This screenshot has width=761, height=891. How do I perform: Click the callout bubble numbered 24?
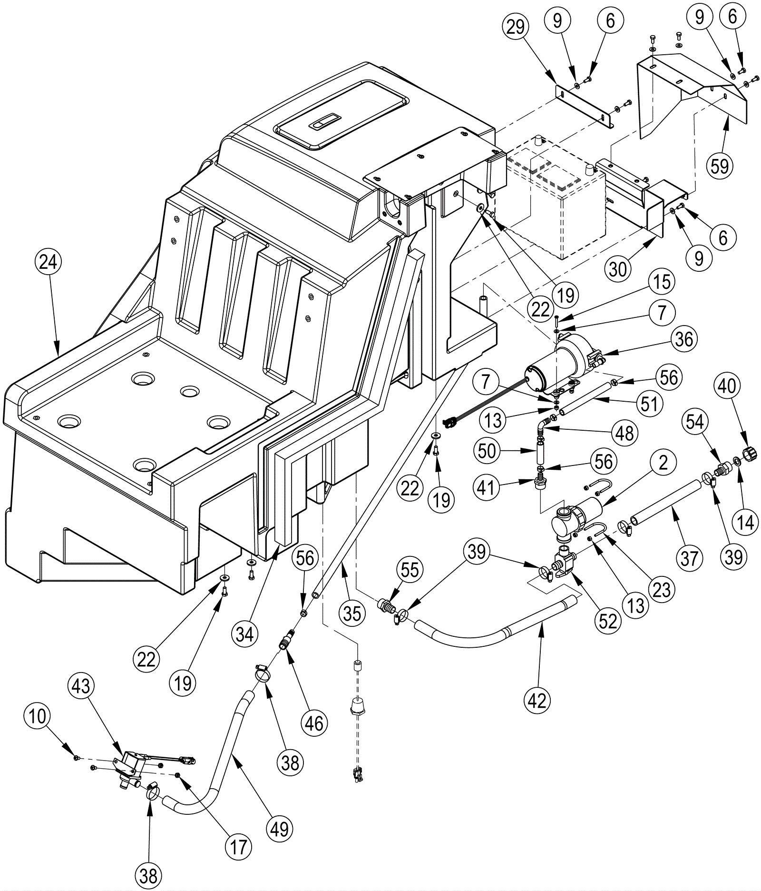tap(48, 262)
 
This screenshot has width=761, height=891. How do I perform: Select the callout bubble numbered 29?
tap(516, 27)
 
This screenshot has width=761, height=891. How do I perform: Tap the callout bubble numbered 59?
tap(720, 166)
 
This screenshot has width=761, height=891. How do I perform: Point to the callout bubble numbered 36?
tap(684, 339)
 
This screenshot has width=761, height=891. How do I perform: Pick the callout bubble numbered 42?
tap(537, 700)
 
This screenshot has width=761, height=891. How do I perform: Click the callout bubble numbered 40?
tap(726, 386)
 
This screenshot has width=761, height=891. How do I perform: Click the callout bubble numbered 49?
tap(279, 829)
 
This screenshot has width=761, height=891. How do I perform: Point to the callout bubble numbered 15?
tap(662, 281)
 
